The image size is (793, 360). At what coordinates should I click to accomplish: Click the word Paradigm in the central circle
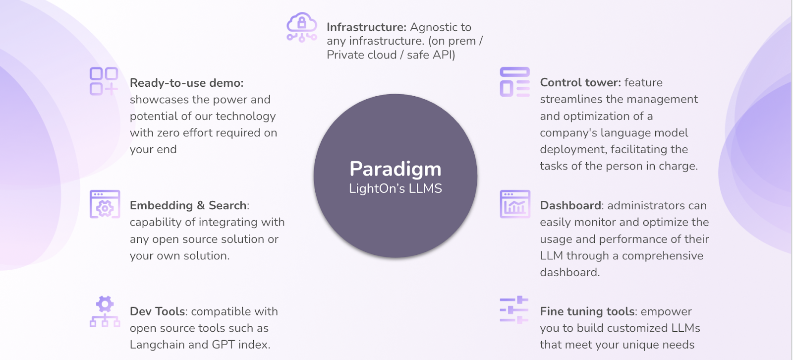395,169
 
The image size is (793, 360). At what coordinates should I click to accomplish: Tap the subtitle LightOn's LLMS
395,188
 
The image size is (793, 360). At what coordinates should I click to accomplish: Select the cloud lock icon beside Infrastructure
301,27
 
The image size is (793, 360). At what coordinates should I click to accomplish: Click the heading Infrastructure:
366,27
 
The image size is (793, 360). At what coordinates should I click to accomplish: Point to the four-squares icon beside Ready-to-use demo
104,81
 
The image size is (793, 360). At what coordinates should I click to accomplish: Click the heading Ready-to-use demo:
186,83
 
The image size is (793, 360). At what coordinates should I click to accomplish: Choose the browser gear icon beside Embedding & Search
105,204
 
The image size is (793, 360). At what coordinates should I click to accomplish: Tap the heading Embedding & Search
188,205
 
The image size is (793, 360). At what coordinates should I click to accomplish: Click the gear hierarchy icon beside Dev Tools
105,311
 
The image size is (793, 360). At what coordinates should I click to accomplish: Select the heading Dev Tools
158,311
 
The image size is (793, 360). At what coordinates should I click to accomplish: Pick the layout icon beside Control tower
514,82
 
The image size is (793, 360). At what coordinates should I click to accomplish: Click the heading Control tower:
580,82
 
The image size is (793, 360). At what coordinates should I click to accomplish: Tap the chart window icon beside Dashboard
515,204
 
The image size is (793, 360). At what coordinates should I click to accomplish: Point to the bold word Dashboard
570,205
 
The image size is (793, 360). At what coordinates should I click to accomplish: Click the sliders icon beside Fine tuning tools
514,310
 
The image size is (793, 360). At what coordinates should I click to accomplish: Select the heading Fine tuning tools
587,311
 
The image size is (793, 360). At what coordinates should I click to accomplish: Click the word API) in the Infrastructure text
444,55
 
